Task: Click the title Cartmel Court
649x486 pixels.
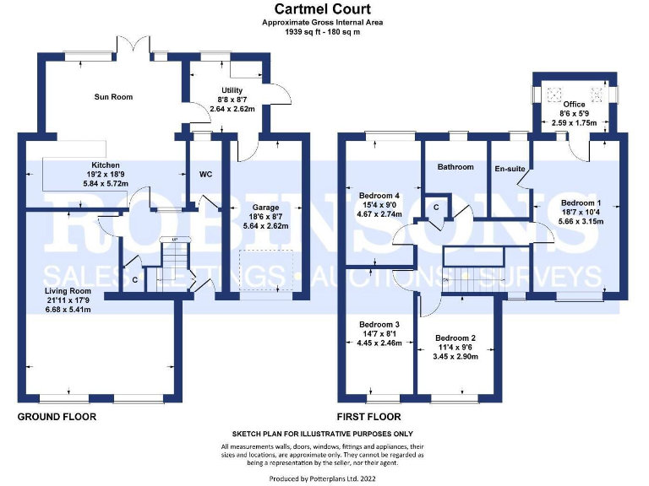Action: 322,9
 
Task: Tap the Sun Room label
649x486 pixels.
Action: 112,97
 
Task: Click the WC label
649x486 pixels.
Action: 205,175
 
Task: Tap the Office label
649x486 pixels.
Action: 574,105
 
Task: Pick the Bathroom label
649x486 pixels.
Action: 455,167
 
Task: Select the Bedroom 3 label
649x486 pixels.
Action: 379,325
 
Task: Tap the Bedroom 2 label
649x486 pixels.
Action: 455,337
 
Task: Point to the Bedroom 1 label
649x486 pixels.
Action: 581,202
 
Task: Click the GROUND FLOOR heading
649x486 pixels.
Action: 57,417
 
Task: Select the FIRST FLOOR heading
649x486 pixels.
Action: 368,417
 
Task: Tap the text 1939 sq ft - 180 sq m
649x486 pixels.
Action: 322,31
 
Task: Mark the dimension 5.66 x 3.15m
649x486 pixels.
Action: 581,222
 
